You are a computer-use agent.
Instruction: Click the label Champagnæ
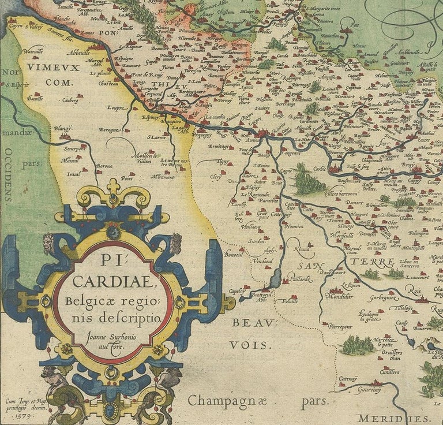click(228, 400)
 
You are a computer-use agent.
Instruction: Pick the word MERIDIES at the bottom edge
click(393, 418)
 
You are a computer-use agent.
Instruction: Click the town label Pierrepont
click(340, 327)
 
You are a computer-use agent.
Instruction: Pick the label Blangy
click(63, 129)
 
